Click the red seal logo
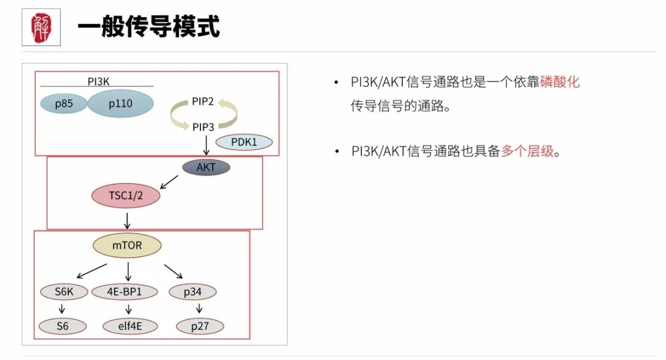pos(41,28)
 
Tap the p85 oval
pos(64,104)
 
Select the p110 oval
pos(120,103)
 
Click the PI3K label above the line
pos(98,81)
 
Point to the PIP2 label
pos(203,102)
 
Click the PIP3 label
pos(203,127)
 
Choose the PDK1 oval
pos(244,142)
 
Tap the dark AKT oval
pos(206,167)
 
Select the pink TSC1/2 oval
pos(126,195)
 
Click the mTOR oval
pos(127,245)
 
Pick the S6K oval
pos(64,292)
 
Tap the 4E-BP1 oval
pos(125,292)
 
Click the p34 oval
pos(192,292)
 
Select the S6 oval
pos(62,326)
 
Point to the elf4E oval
pos(130,326)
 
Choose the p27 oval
pos(200,326)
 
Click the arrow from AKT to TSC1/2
pos(169,182)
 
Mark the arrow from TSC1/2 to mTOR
pos(127,221)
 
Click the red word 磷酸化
pos(560,81)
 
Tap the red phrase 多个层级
pos(527,150)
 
